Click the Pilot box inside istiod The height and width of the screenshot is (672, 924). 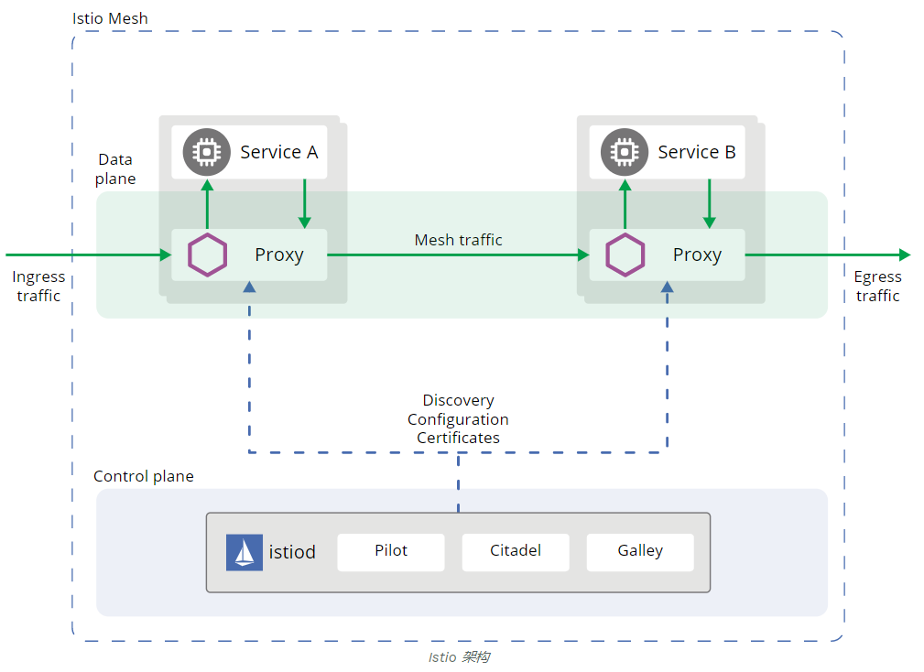tap(391, 552)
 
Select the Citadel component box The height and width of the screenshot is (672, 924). tap(516, 552)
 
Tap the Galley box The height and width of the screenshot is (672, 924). tap(640, 552)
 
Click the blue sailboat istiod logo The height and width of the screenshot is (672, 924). tap(244, 552)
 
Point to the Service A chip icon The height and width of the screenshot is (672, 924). tap(206, 152)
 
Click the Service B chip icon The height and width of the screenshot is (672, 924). tap(625, 152)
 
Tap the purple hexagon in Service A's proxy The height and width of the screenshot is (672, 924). tap(208, 255)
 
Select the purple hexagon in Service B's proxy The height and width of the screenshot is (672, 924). tap(625, 255)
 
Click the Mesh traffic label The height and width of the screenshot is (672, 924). tap(459, 240)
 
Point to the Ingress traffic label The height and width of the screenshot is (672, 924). tap(38, 287)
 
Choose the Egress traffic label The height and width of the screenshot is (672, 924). tap(877, 287)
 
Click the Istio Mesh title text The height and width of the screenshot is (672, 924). tap(110, 18)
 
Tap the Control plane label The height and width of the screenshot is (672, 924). tap(144, 476)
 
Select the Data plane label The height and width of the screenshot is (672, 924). tap(115, 169)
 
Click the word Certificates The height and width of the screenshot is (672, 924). tap(459, 438)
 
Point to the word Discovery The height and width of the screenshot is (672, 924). tap(459, 400)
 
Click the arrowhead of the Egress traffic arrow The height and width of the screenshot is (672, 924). tap(905, 255)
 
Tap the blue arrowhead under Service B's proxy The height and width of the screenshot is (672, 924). tap(667, 287)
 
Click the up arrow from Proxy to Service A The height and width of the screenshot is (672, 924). tap(208, 204)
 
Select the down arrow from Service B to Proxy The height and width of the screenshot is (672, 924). tap(710, 204)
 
